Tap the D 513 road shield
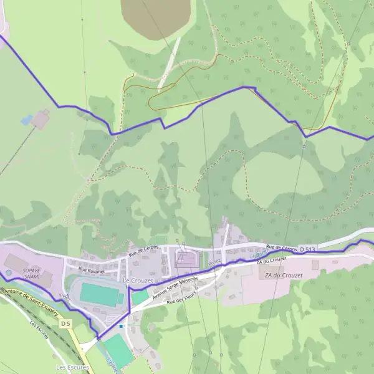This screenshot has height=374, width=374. pos(306,249)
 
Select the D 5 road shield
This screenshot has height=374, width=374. pos(66,324)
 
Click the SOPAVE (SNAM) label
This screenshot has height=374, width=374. pos(32,274)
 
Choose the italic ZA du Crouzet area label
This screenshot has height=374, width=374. pos(283,275)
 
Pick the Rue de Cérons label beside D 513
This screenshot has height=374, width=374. pos(281,247)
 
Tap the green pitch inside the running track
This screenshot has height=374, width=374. pos(99,294)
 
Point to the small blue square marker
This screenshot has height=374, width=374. pos(121,326)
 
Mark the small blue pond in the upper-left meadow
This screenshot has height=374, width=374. pos(27,120)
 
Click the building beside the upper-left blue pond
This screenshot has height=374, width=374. pos(41,118)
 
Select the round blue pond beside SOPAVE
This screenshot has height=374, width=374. pos(8,272)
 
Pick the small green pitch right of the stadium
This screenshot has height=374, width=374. pos(140,297)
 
